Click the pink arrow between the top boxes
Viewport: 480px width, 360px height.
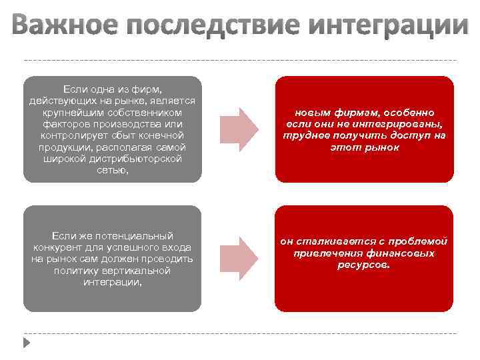click(237, 129)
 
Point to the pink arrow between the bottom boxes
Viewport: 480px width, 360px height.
click(237, 258)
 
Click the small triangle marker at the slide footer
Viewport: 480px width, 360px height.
click(26, 342)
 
